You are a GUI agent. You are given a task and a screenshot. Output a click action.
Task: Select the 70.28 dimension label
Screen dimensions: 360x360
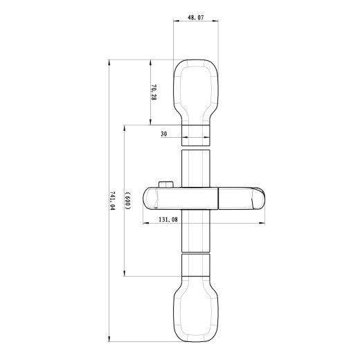point(154,93)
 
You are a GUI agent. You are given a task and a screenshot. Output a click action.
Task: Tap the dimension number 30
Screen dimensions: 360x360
point(164,134)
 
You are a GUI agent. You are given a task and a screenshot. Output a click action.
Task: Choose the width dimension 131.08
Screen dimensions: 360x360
point(168,219)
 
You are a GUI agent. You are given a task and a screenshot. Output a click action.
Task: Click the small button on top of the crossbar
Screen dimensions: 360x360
point(166,184)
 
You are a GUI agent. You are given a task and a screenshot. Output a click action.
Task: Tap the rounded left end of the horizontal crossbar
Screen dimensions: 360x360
point(149,198)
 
